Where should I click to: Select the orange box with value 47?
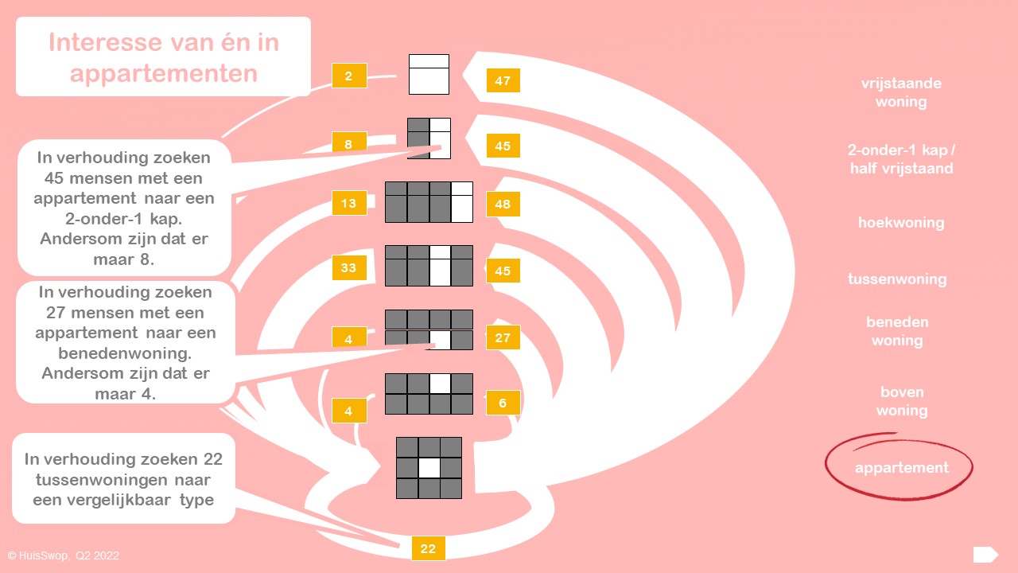503,80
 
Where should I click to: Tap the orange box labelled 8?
349,142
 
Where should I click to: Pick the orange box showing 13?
349,203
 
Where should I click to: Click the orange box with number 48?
503,205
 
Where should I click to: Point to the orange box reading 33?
349,268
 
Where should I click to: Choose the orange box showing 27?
503,337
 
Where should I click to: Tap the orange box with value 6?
503,403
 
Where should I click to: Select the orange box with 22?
428,548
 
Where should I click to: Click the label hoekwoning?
901,223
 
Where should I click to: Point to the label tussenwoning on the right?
897,279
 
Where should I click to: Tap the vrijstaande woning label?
901,92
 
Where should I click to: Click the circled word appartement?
901,468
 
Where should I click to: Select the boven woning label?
902,401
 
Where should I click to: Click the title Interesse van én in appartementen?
163,57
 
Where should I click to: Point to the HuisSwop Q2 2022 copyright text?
64,555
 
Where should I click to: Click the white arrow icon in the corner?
985,555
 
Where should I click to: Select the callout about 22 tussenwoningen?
123,478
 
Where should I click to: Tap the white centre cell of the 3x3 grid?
429,468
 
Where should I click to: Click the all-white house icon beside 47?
429,74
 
